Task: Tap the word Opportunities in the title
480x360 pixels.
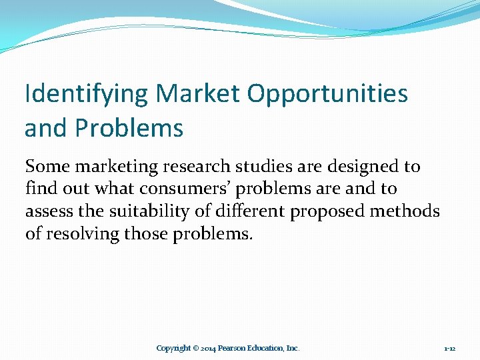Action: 327,94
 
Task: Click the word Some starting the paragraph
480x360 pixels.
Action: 48,166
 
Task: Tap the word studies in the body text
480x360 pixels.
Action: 259,166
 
